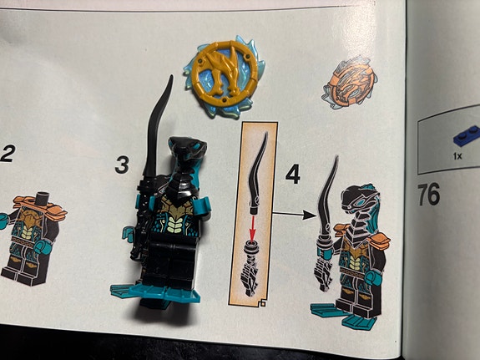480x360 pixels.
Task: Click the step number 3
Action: (x=123, y=165)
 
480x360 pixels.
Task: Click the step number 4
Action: (x=292, y=175)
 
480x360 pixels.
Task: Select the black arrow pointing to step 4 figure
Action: (x=288, y=215)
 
